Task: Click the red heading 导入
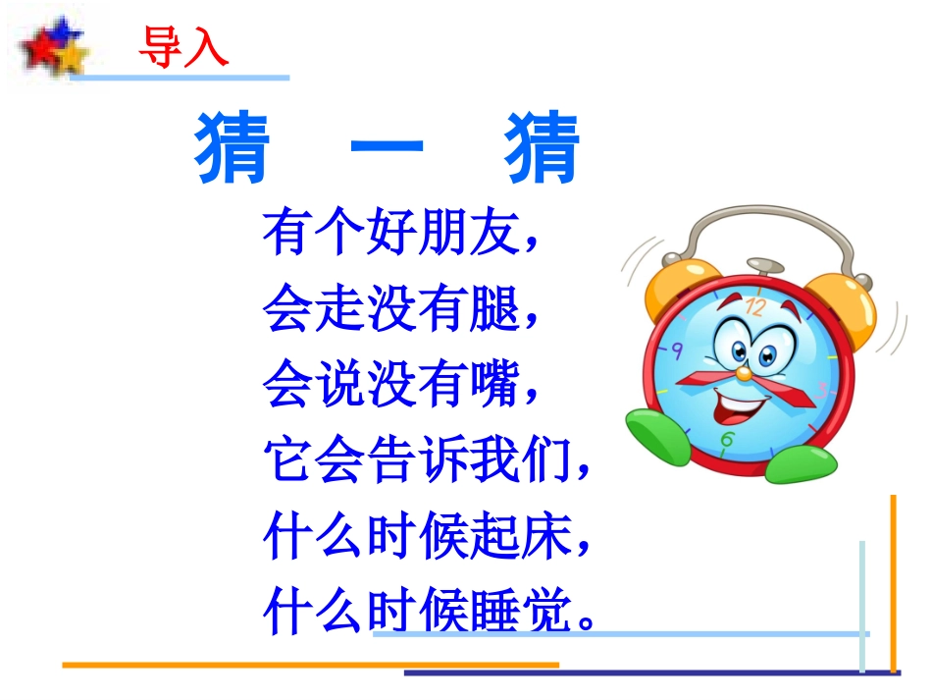coord(183,45)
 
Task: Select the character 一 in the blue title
coord(387,150)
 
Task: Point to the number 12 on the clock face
coord(754,306)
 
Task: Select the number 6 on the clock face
coord(726,439)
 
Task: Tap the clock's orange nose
coord(746,373)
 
